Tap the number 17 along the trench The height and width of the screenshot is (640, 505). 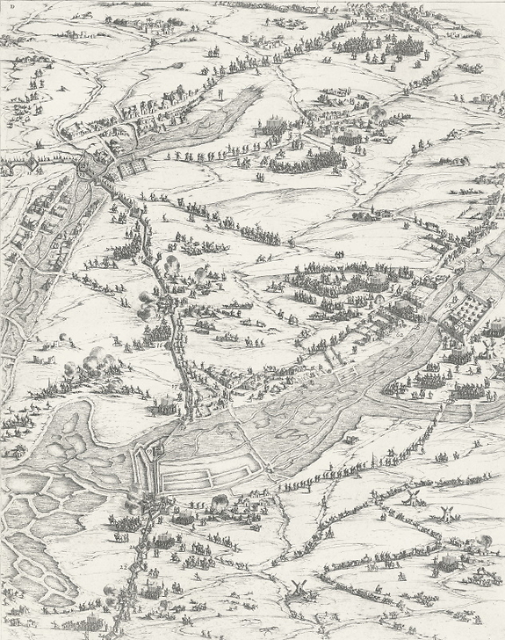176,384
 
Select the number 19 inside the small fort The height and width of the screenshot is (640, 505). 149,449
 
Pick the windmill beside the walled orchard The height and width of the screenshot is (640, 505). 481,350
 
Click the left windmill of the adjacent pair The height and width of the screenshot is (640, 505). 407,497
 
